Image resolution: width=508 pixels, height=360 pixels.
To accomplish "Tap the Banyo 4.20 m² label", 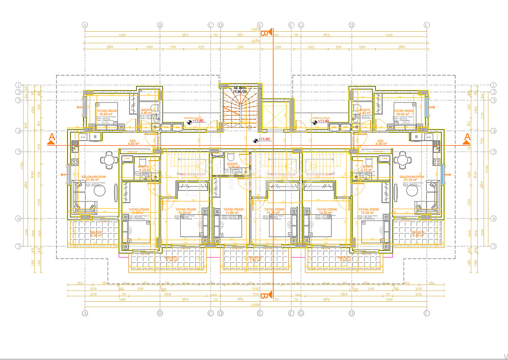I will pos(233,165).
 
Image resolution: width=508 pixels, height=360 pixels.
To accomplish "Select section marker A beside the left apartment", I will pos(51,138).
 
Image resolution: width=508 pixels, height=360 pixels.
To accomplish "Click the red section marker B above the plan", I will pos(265,33).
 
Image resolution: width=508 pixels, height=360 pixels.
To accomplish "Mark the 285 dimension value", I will pos(240,35).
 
